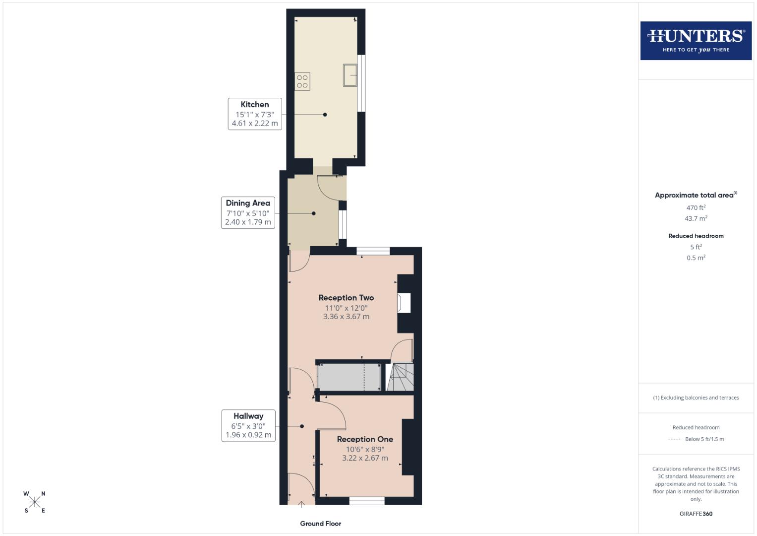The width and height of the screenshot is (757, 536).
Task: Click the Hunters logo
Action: click(696, 40)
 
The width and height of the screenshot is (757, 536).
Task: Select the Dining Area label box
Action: click(248, 212)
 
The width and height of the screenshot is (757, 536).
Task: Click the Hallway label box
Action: click(248, 425)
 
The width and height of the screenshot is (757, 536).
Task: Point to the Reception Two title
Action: click(346, 298)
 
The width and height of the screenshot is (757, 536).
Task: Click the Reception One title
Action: click(365, 439)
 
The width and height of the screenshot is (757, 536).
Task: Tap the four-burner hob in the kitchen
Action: click(302, 81)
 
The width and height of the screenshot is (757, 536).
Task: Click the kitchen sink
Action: click(350, 75)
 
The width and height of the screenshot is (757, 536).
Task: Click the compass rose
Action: click(35, 502)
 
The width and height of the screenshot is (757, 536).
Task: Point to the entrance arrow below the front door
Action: click(301, 505)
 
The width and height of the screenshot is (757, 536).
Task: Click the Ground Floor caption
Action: click(321, 524)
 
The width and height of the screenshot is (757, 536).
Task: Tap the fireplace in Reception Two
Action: click(404, 303)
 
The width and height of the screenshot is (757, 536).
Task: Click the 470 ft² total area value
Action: click(696, 207)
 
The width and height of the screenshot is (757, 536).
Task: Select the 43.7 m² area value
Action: click(696, 218)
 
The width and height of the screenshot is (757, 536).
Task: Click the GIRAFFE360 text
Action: click(696, 514)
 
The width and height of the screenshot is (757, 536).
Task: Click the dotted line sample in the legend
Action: click(674, 439)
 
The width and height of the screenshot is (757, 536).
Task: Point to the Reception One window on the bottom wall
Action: click(367, 501)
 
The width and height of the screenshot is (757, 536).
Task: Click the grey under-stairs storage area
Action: click(349, 378)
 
